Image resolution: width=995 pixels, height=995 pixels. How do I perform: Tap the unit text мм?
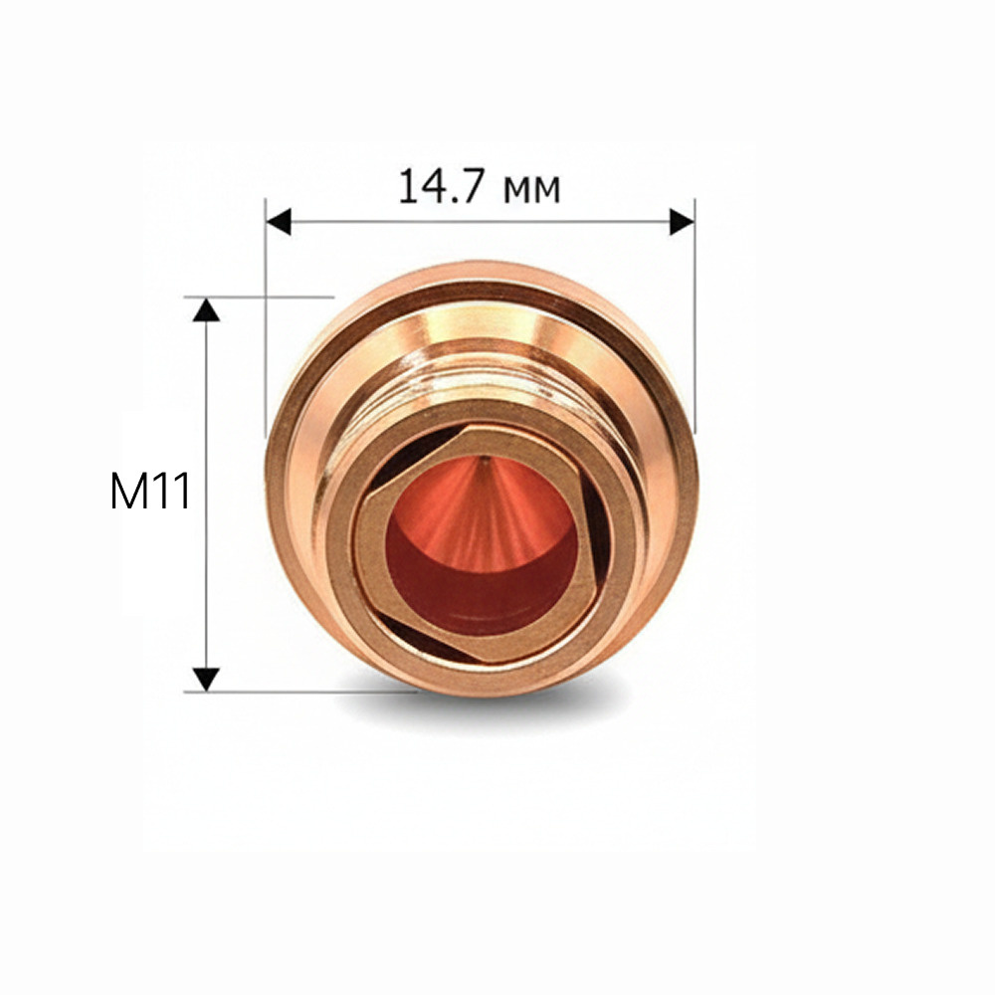pos(531,190)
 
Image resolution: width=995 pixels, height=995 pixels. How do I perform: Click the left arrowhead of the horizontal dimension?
pos(278,222)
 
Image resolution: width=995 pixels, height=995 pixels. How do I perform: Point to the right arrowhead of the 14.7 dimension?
pos(683,222)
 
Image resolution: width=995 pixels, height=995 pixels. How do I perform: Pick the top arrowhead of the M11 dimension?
pos(206,309)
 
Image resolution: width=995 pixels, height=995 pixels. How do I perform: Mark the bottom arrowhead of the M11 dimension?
pos(206,680)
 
